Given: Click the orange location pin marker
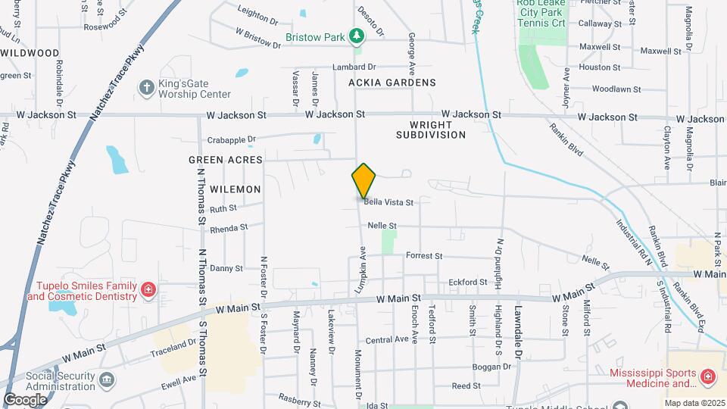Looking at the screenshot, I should tap(363, 180).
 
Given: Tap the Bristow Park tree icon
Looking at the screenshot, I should tap(356, 36).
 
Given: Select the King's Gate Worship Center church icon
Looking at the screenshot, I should tap(146, 88).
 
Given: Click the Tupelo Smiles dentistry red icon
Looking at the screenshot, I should tap(148, 288).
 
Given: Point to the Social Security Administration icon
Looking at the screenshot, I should tap(107, 379).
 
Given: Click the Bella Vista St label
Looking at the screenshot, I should tap(388, 202).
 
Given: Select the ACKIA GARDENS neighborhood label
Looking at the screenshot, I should tap(392, 82).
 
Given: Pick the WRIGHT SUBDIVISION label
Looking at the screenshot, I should tap(430, 129).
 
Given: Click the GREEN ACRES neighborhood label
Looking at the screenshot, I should tap(226, 160).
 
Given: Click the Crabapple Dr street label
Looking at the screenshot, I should tap(232, 139).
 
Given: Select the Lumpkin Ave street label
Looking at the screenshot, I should tap(362, 270).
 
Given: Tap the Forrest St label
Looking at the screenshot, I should tap(423, 256).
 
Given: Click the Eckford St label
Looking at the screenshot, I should tap(467, 282).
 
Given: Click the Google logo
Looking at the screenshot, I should tap(25, 399).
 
